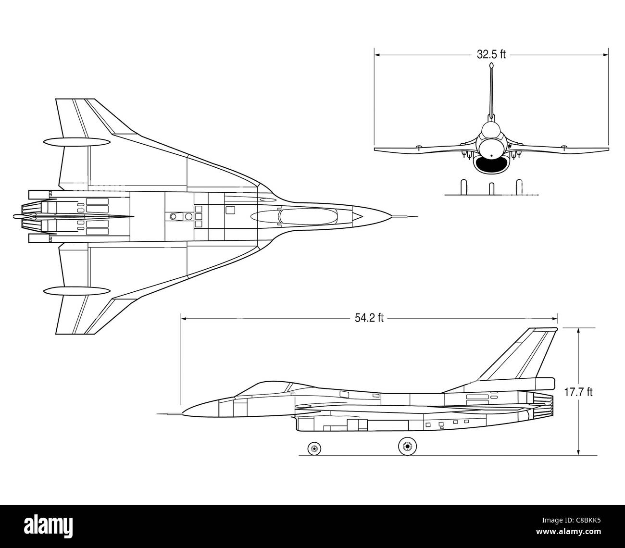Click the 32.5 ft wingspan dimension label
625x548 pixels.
click(491, 55)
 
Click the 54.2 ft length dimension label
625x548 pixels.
click(369, 318)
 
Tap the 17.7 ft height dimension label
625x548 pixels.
click(578, 392)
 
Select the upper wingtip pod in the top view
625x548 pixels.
click(77, 141)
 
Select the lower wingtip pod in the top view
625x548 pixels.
click(77, 291)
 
